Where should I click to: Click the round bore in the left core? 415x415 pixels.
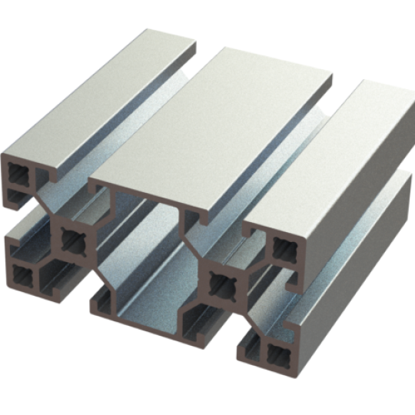[x=75, y=241]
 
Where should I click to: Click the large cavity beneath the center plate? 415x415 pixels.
[x=146, y=261]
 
